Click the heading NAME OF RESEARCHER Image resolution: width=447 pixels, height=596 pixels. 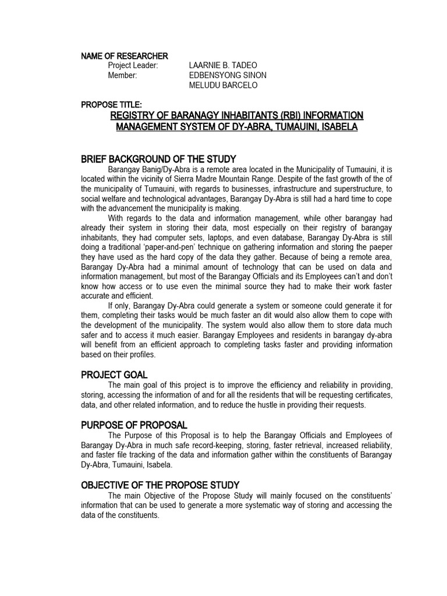click(125, 56)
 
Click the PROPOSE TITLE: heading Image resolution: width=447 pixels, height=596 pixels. click(111, 104)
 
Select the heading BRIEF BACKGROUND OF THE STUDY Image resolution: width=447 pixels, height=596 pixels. click(158, 159)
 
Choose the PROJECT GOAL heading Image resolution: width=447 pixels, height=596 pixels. click(114, 375)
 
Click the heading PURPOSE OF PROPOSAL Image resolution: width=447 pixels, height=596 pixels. click(134, 425)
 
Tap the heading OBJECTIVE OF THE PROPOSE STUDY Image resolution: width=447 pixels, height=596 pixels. click(160, 485)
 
